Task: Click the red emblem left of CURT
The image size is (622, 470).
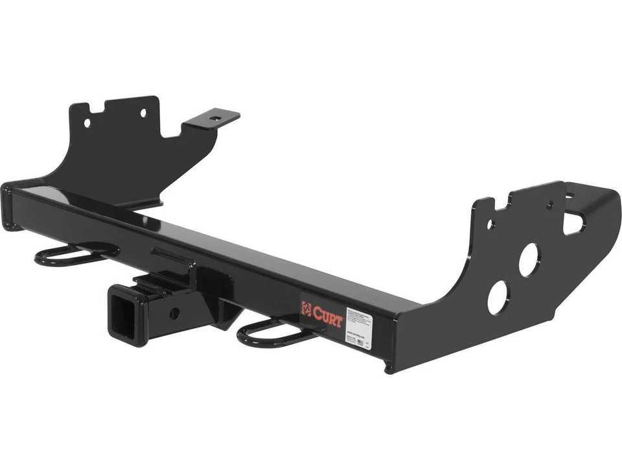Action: (x=306, y=307)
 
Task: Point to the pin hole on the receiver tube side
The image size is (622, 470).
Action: (x=174, y=313)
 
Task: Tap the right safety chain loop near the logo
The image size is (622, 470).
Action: (x=272, y=333)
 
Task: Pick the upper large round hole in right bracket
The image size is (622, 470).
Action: (x=528, y=259)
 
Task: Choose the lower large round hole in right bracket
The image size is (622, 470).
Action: (x=498, y=298)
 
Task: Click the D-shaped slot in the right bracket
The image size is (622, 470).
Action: (x=573, y=222)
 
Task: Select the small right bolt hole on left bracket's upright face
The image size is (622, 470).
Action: (x=143, y=113)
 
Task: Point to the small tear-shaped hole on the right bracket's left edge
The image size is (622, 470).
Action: (x=490, y=225)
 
